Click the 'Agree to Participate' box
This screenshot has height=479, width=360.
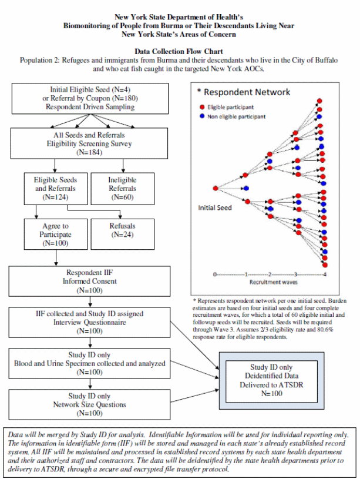click(x=56, y=234)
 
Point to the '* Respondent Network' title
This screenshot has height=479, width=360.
click(x=243, y=92)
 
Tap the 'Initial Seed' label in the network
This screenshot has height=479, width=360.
click(x=214, y=207)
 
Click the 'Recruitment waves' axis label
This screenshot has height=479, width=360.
click(x=270, y=282)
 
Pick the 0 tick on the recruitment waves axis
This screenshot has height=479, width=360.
click(x=216, y=274)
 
